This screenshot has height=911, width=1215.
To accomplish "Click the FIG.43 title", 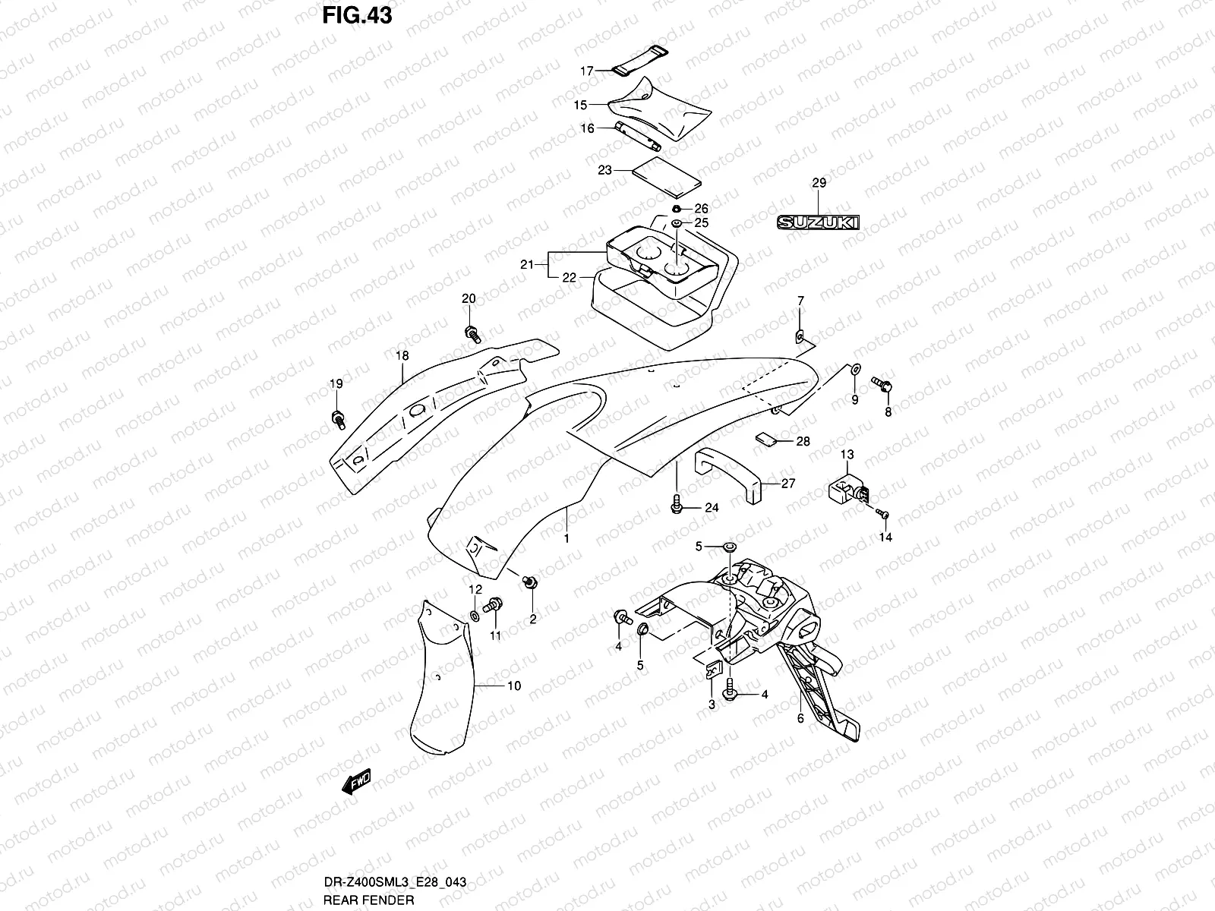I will click(x=357, y=14).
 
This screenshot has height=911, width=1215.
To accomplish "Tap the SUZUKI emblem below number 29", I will click(x=817, y=222).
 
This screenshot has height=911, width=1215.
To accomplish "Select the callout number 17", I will click(x=587, y=71).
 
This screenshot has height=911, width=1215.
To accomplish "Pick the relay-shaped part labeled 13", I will click(x=844, y=486).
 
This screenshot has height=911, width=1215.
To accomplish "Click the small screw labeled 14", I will click(x=883, y=514).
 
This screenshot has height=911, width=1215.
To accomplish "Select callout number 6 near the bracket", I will click(x=800, y=718).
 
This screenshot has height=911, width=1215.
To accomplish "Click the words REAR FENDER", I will click(x=368, y=900).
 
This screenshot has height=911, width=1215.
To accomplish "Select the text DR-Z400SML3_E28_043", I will click(x=394, y=882).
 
